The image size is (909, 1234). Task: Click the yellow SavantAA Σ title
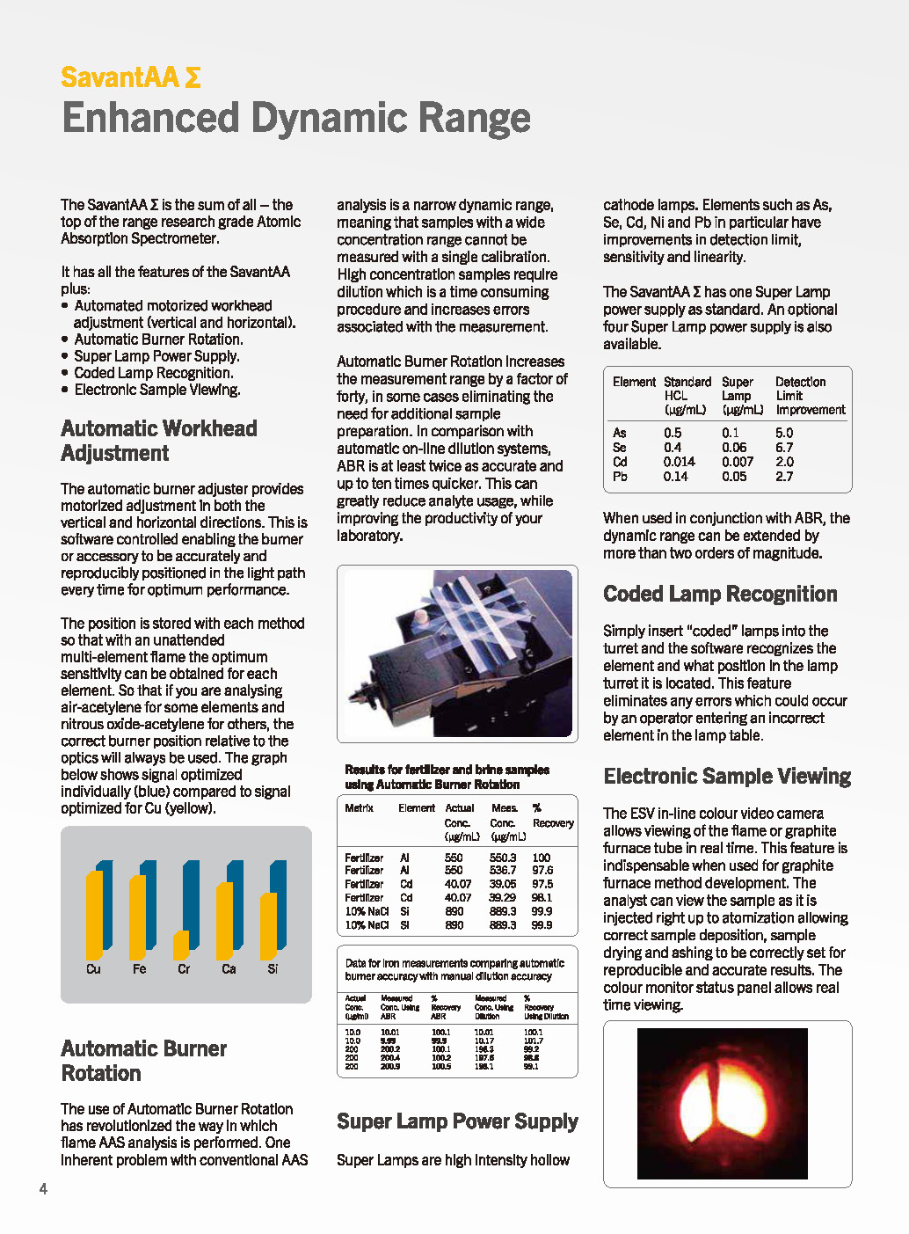(130, 77)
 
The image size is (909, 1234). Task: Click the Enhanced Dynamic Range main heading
(296, 118)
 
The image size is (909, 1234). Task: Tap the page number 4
(43, 1189)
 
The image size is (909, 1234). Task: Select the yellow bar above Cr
(181, 946)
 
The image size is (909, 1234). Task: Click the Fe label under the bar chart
(139, 969)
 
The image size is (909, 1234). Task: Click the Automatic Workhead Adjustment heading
(158, 441)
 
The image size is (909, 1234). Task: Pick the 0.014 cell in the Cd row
(679, 462)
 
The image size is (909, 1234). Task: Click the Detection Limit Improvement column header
(809, 396)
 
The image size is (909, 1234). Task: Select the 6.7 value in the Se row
(783, 448)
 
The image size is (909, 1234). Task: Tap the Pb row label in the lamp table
(620, 477)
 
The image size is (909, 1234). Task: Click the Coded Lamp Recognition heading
(720, 594)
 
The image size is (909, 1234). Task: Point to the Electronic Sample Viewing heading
(726, 777)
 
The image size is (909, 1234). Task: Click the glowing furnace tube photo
(722, 1103)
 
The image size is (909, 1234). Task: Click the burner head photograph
(457, 653)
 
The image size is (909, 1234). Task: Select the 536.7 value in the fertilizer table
(502, 871)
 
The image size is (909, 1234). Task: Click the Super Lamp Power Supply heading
(457, 1121)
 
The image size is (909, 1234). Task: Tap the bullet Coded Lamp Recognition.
(153, 373)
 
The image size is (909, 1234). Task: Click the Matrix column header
(359, 808)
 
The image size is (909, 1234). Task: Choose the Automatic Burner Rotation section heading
(143, 1061)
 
